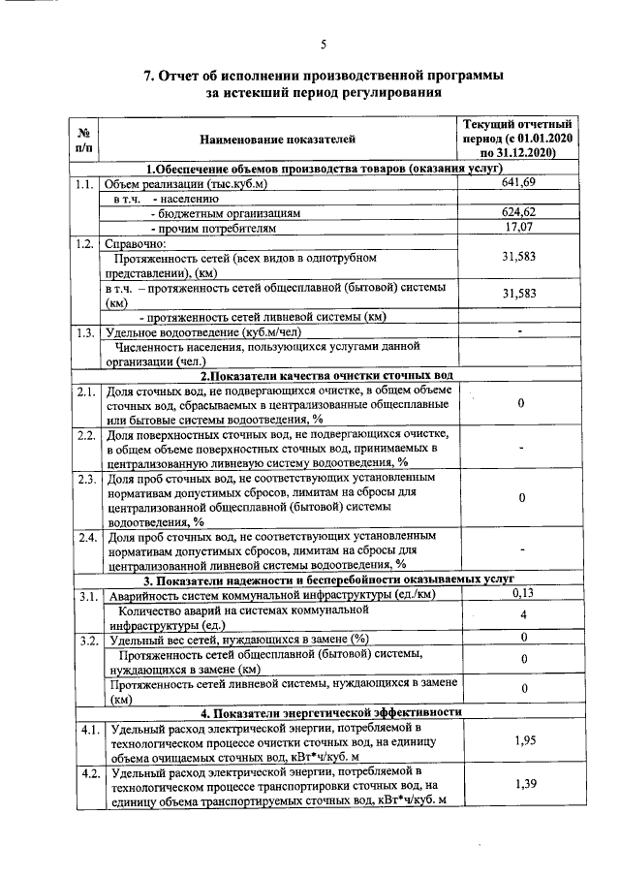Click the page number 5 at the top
click(x=324, y=44)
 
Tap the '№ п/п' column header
click(x=84, y=141)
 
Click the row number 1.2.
click(x=84, y=243)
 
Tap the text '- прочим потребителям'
click(x=207, y=228)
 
